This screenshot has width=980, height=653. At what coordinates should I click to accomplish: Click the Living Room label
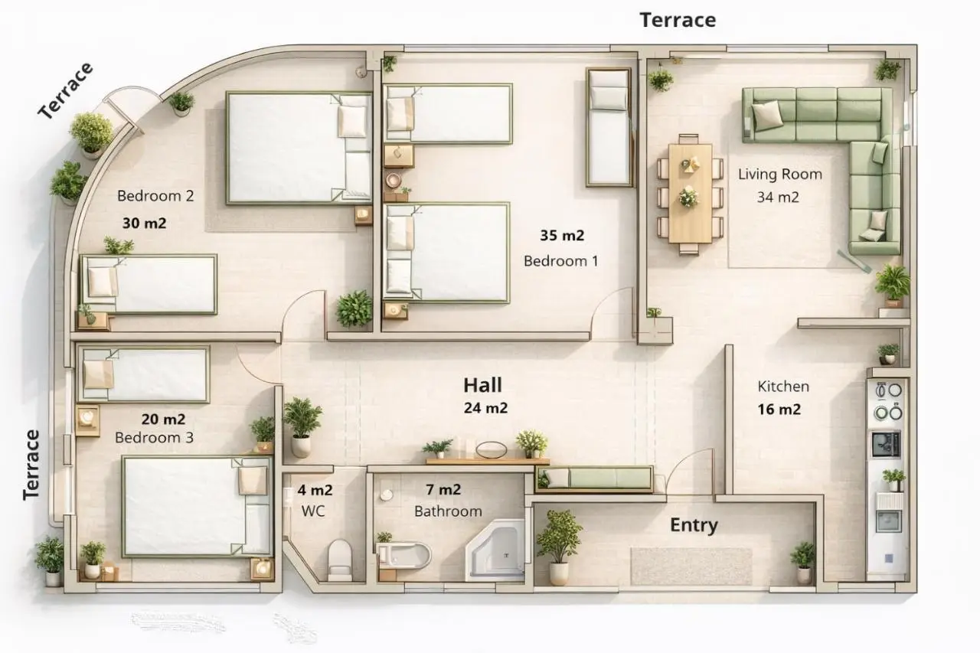point(780,174)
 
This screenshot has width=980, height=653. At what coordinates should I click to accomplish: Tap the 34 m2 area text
point(778,198)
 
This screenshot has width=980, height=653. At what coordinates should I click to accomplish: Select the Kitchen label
point(783,386)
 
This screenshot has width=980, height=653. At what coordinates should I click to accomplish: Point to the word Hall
point(482,385)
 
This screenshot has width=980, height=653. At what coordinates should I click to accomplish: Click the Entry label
point(694,525)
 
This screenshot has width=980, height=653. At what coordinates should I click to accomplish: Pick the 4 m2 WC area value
point(315,490)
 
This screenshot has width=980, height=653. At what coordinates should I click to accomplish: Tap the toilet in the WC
point(340,560)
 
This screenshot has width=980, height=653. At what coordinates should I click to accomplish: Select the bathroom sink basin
point(403,556)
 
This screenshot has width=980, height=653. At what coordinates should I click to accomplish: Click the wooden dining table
point(691,194)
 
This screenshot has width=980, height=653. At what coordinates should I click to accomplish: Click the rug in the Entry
point(691,566)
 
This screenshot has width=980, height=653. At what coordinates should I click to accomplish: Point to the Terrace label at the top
point(678,20)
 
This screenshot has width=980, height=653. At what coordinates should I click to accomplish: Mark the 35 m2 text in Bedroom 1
point(562,235)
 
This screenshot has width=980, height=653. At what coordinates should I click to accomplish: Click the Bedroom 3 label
point(154,437)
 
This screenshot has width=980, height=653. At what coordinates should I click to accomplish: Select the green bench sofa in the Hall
point(595,478)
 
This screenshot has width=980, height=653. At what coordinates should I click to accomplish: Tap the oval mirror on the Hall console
point(492,449)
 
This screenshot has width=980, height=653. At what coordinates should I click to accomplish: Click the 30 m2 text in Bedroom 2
point(145,223)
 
